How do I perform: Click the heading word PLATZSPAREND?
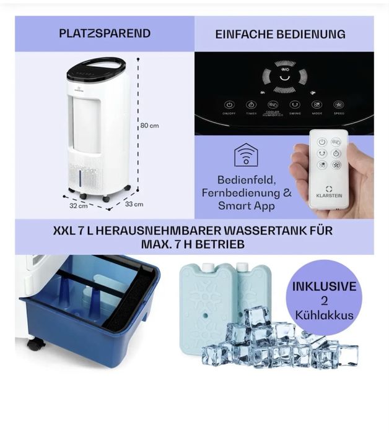(105, 33)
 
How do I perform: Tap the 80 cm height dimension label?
(149, 125)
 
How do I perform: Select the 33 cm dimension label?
(134, 204)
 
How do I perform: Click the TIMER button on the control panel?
(251, 106)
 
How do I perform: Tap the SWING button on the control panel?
(295, 106)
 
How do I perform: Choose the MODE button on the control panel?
(317, 106)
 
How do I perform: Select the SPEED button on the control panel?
(338, 106)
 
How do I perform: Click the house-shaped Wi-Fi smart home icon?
(246, 155)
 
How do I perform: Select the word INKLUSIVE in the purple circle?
(324, 286)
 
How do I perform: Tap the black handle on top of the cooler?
(96, 64)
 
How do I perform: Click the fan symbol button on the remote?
(336, 165)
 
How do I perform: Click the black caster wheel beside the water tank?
(35, 344)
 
